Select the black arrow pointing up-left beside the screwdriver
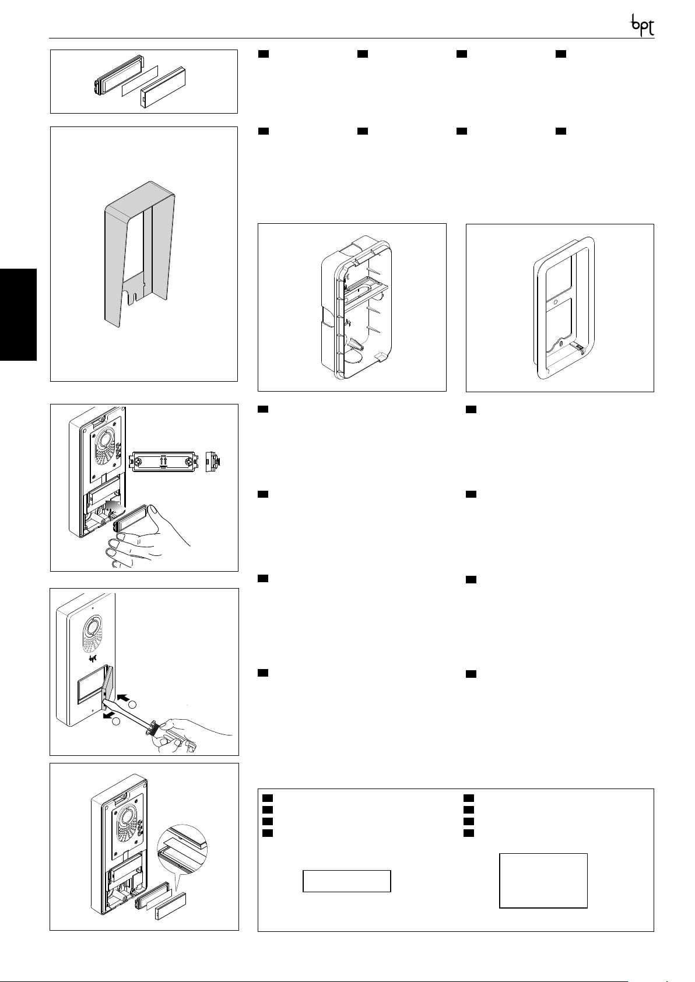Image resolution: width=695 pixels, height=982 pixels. coord(124,696)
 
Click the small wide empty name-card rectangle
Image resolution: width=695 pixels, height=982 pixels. coord(346,881)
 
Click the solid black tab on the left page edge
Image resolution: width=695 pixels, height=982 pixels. coord(18,315)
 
